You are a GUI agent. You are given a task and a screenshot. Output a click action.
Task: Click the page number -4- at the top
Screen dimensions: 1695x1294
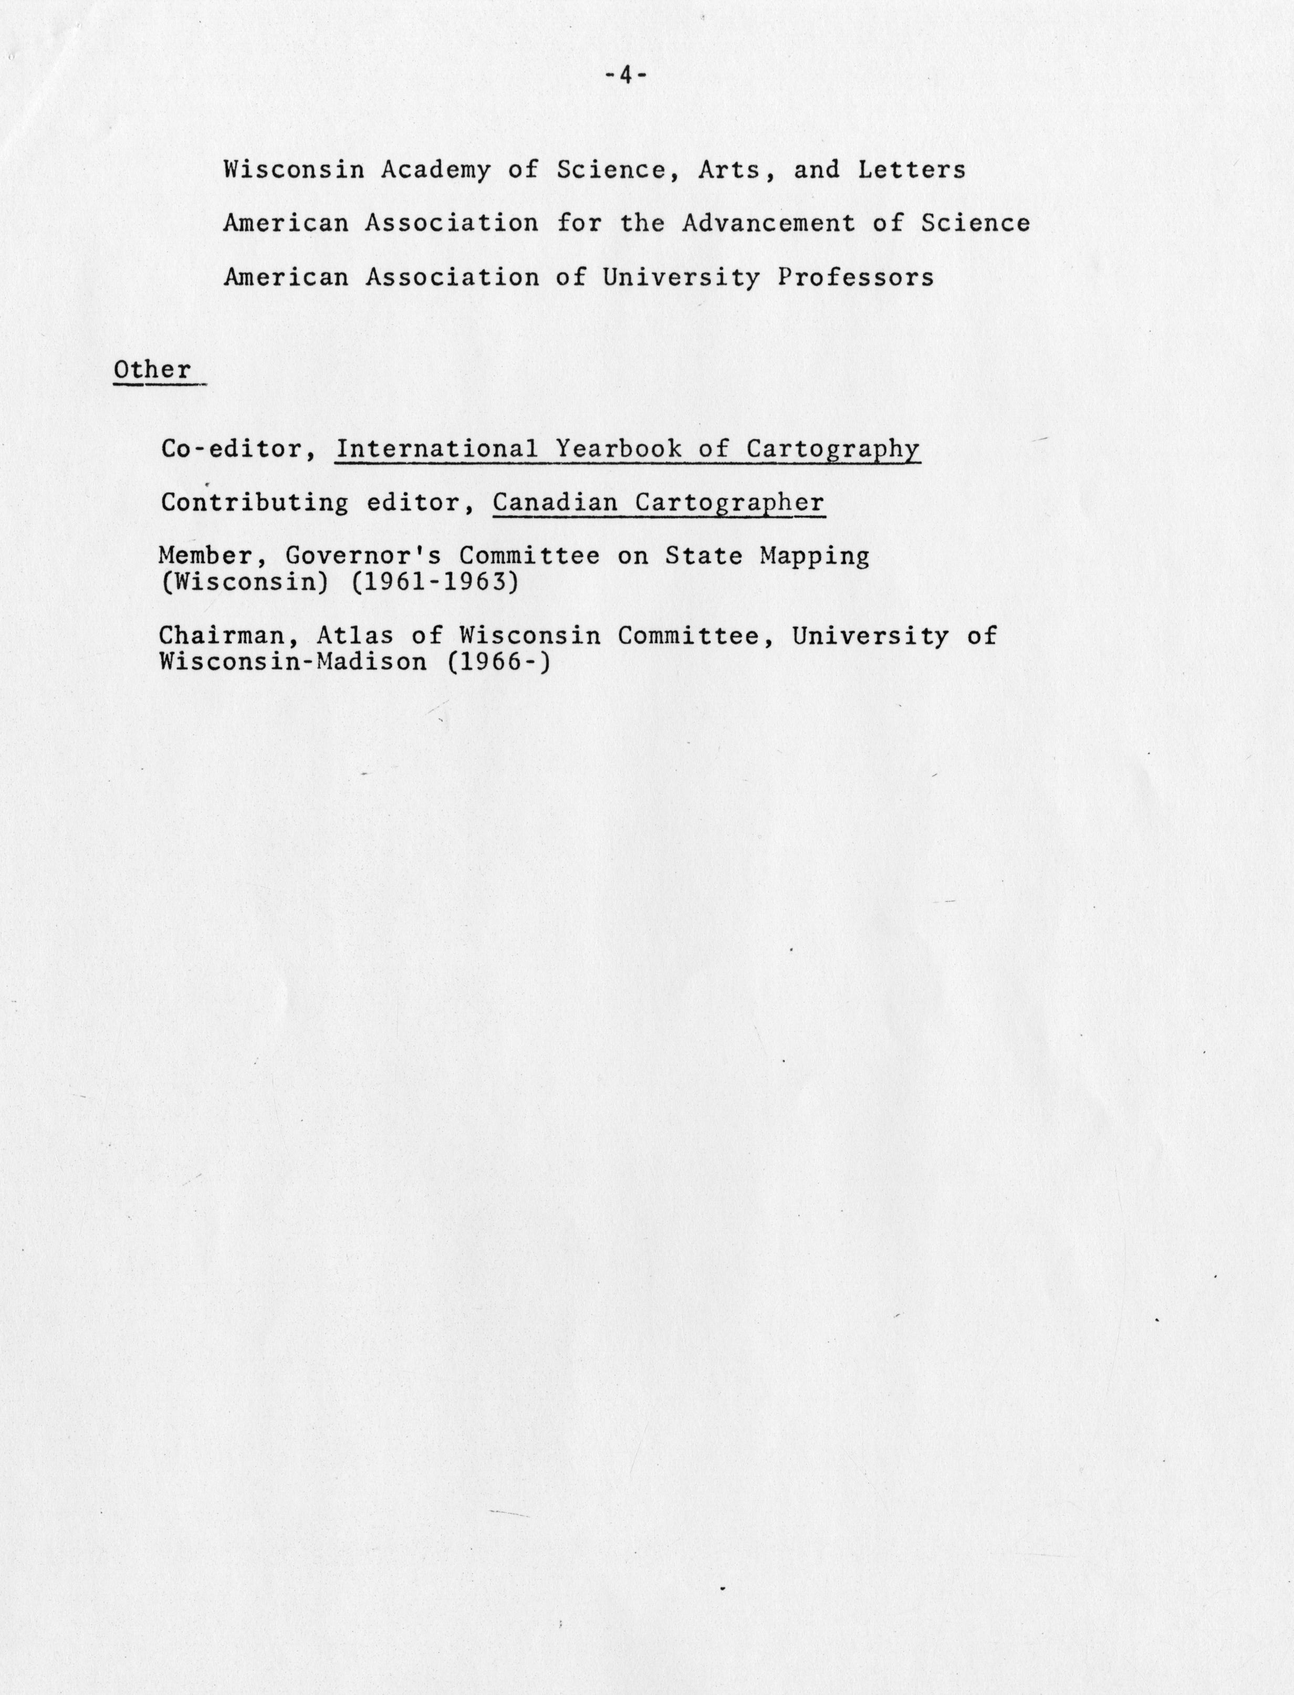point(625,76)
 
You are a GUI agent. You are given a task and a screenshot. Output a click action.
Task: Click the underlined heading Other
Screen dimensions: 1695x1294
point(152,370)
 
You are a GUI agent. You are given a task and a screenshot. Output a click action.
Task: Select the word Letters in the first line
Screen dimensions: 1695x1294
point(912,170)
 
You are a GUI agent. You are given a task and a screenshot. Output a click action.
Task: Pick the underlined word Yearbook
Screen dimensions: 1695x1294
point(619,449)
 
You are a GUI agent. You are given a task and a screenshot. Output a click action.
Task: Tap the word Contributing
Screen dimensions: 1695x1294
point(254,503)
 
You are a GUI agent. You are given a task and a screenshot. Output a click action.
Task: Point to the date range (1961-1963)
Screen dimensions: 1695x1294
point(434,582)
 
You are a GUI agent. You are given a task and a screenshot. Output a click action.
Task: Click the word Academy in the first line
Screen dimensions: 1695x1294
point(435,170)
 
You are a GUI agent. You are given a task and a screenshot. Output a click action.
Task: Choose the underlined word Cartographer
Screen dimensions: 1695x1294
point(730,503)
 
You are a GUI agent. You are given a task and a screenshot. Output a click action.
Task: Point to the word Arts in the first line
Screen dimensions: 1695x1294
point(730,170)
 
